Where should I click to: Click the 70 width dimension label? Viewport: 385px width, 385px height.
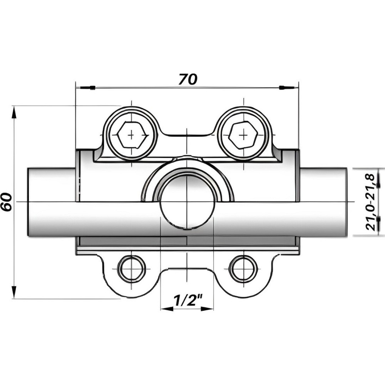[187, 79]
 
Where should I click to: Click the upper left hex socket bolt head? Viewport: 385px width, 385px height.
[132, 135]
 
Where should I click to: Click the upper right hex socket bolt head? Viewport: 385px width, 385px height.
[243, 135]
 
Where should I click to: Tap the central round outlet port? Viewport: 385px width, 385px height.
[187, 202]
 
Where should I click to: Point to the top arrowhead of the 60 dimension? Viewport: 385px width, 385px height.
[14, 112]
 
